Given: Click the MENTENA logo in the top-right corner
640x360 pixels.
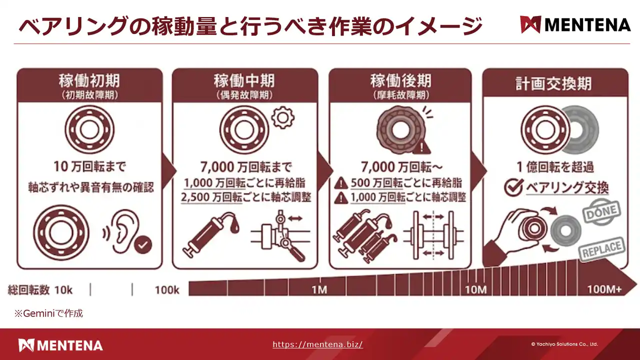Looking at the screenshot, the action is point(575,25).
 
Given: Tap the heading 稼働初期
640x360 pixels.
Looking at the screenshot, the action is point(89,81).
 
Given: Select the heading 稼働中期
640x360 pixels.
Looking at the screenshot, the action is point(244,81).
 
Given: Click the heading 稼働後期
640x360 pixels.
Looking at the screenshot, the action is point(400,81).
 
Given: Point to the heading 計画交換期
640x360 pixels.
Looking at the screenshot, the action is point(553,84).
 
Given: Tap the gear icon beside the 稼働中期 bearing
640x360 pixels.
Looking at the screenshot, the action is point(283,117).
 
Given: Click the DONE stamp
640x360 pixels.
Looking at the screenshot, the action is point(601,212).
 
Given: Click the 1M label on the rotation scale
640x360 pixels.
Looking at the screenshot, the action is point(319,290).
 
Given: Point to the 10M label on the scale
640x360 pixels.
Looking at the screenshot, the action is point(475,290).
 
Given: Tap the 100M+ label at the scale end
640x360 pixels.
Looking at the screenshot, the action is point(604,289).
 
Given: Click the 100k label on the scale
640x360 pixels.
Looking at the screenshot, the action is point(167,290).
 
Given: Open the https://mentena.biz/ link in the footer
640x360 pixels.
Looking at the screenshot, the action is point(317,344).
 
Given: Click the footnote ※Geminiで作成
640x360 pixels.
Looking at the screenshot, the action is point(49,313).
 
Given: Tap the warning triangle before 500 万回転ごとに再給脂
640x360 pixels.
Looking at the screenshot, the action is point(341,183).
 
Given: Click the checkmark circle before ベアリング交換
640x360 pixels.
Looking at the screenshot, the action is point(513,187).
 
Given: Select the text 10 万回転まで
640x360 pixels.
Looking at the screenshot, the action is point(89,167).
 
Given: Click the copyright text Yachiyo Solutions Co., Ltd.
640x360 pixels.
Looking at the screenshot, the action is point(564,344).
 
